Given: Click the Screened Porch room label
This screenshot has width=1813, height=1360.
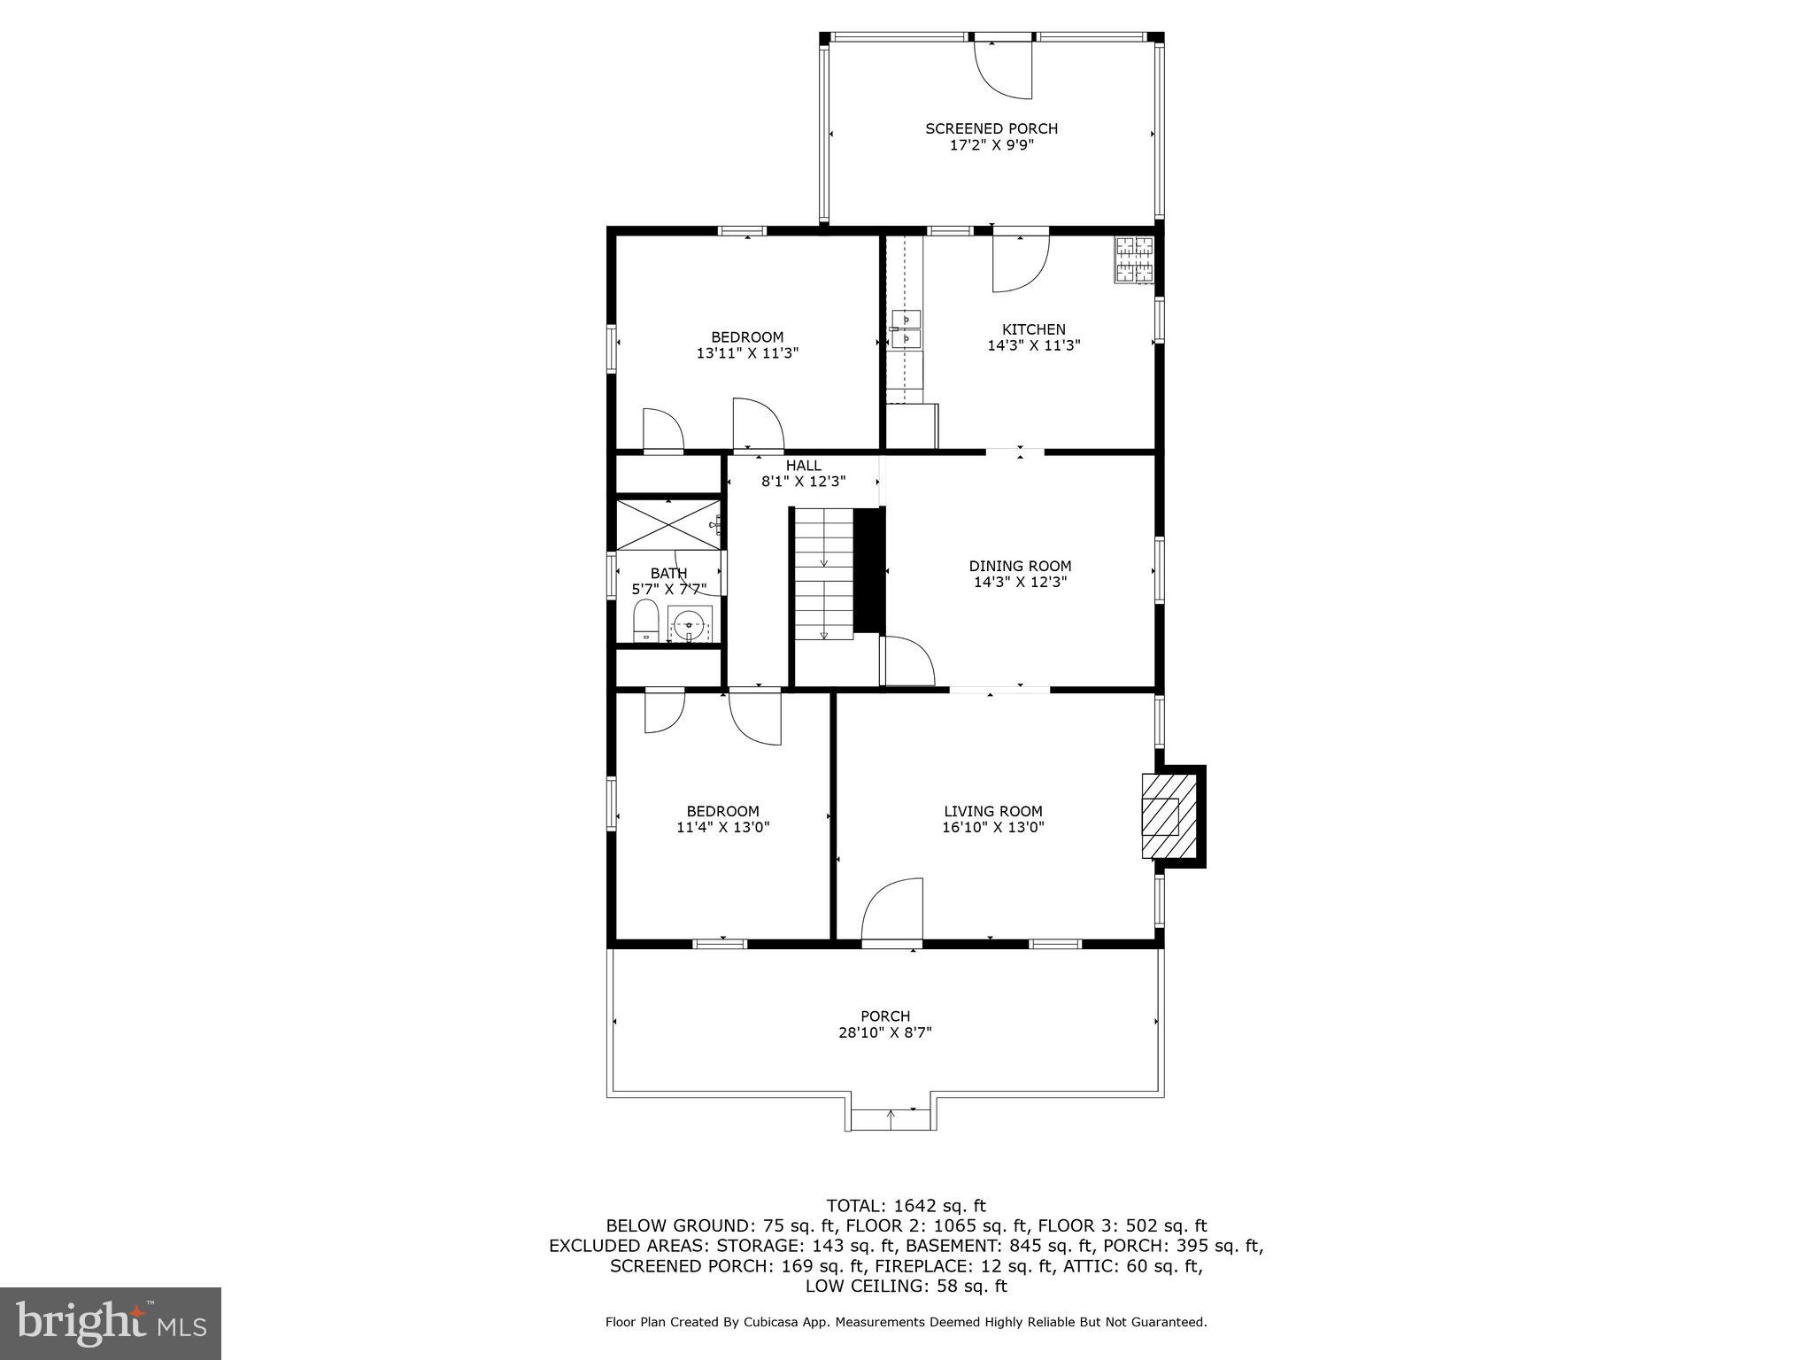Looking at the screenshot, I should click(991, 129).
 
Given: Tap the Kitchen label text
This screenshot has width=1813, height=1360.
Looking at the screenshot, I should click(1033, 330).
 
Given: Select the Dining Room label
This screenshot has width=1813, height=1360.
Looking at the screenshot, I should click(1020, 567).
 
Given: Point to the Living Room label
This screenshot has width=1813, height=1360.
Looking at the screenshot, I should click(992, 811).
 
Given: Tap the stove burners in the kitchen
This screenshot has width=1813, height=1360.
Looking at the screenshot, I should click(1133, 260).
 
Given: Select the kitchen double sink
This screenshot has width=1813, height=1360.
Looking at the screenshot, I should click(906, 328).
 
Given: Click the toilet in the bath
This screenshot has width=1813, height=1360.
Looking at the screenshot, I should click(645, 620).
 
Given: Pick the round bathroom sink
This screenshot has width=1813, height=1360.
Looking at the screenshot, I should click(690, 624).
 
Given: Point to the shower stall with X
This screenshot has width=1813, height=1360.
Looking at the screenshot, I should click(667, 525).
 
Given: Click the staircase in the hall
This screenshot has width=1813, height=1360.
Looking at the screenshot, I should click(823, 574).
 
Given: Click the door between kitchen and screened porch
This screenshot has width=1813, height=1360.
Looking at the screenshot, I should click(1020, 262).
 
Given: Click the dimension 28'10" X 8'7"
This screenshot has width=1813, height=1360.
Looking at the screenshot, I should click(885, 1032).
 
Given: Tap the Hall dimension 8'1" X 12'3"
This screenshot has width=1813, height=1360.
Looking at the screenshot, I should click(803, 482).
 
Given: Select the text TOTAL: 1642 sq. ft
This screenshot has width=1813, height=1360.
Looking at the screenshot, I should click(906, 1206).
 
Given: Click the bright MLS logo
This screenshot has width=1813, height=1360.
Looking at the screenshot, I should click(111, 1323).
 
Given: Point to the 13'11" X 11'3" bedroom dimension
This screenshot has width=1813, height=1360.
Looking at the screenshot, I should click(747, 352).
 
